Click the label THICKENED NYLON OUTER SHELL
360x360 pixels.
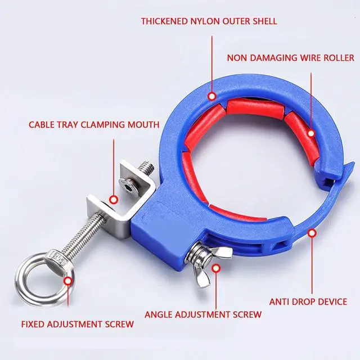pos(209,22)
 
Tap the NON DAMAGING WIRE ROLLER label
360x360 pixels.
pos(291,58)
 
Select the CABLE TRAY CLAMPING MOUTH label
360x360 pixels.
pos(94,124)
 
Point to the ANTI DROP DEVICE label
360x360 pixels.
pos(308,301)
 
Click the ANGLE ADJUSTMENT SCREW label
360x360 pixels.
pos(203,314)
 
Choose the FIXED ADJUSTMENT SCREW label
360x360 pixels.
pos(78,324)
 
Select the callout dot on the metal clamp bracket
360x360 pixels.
pos(114,199)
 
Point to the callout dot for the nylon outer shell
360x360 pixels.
pos(211,96)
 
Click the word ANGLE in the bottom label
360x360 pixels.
pos(160,314)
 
